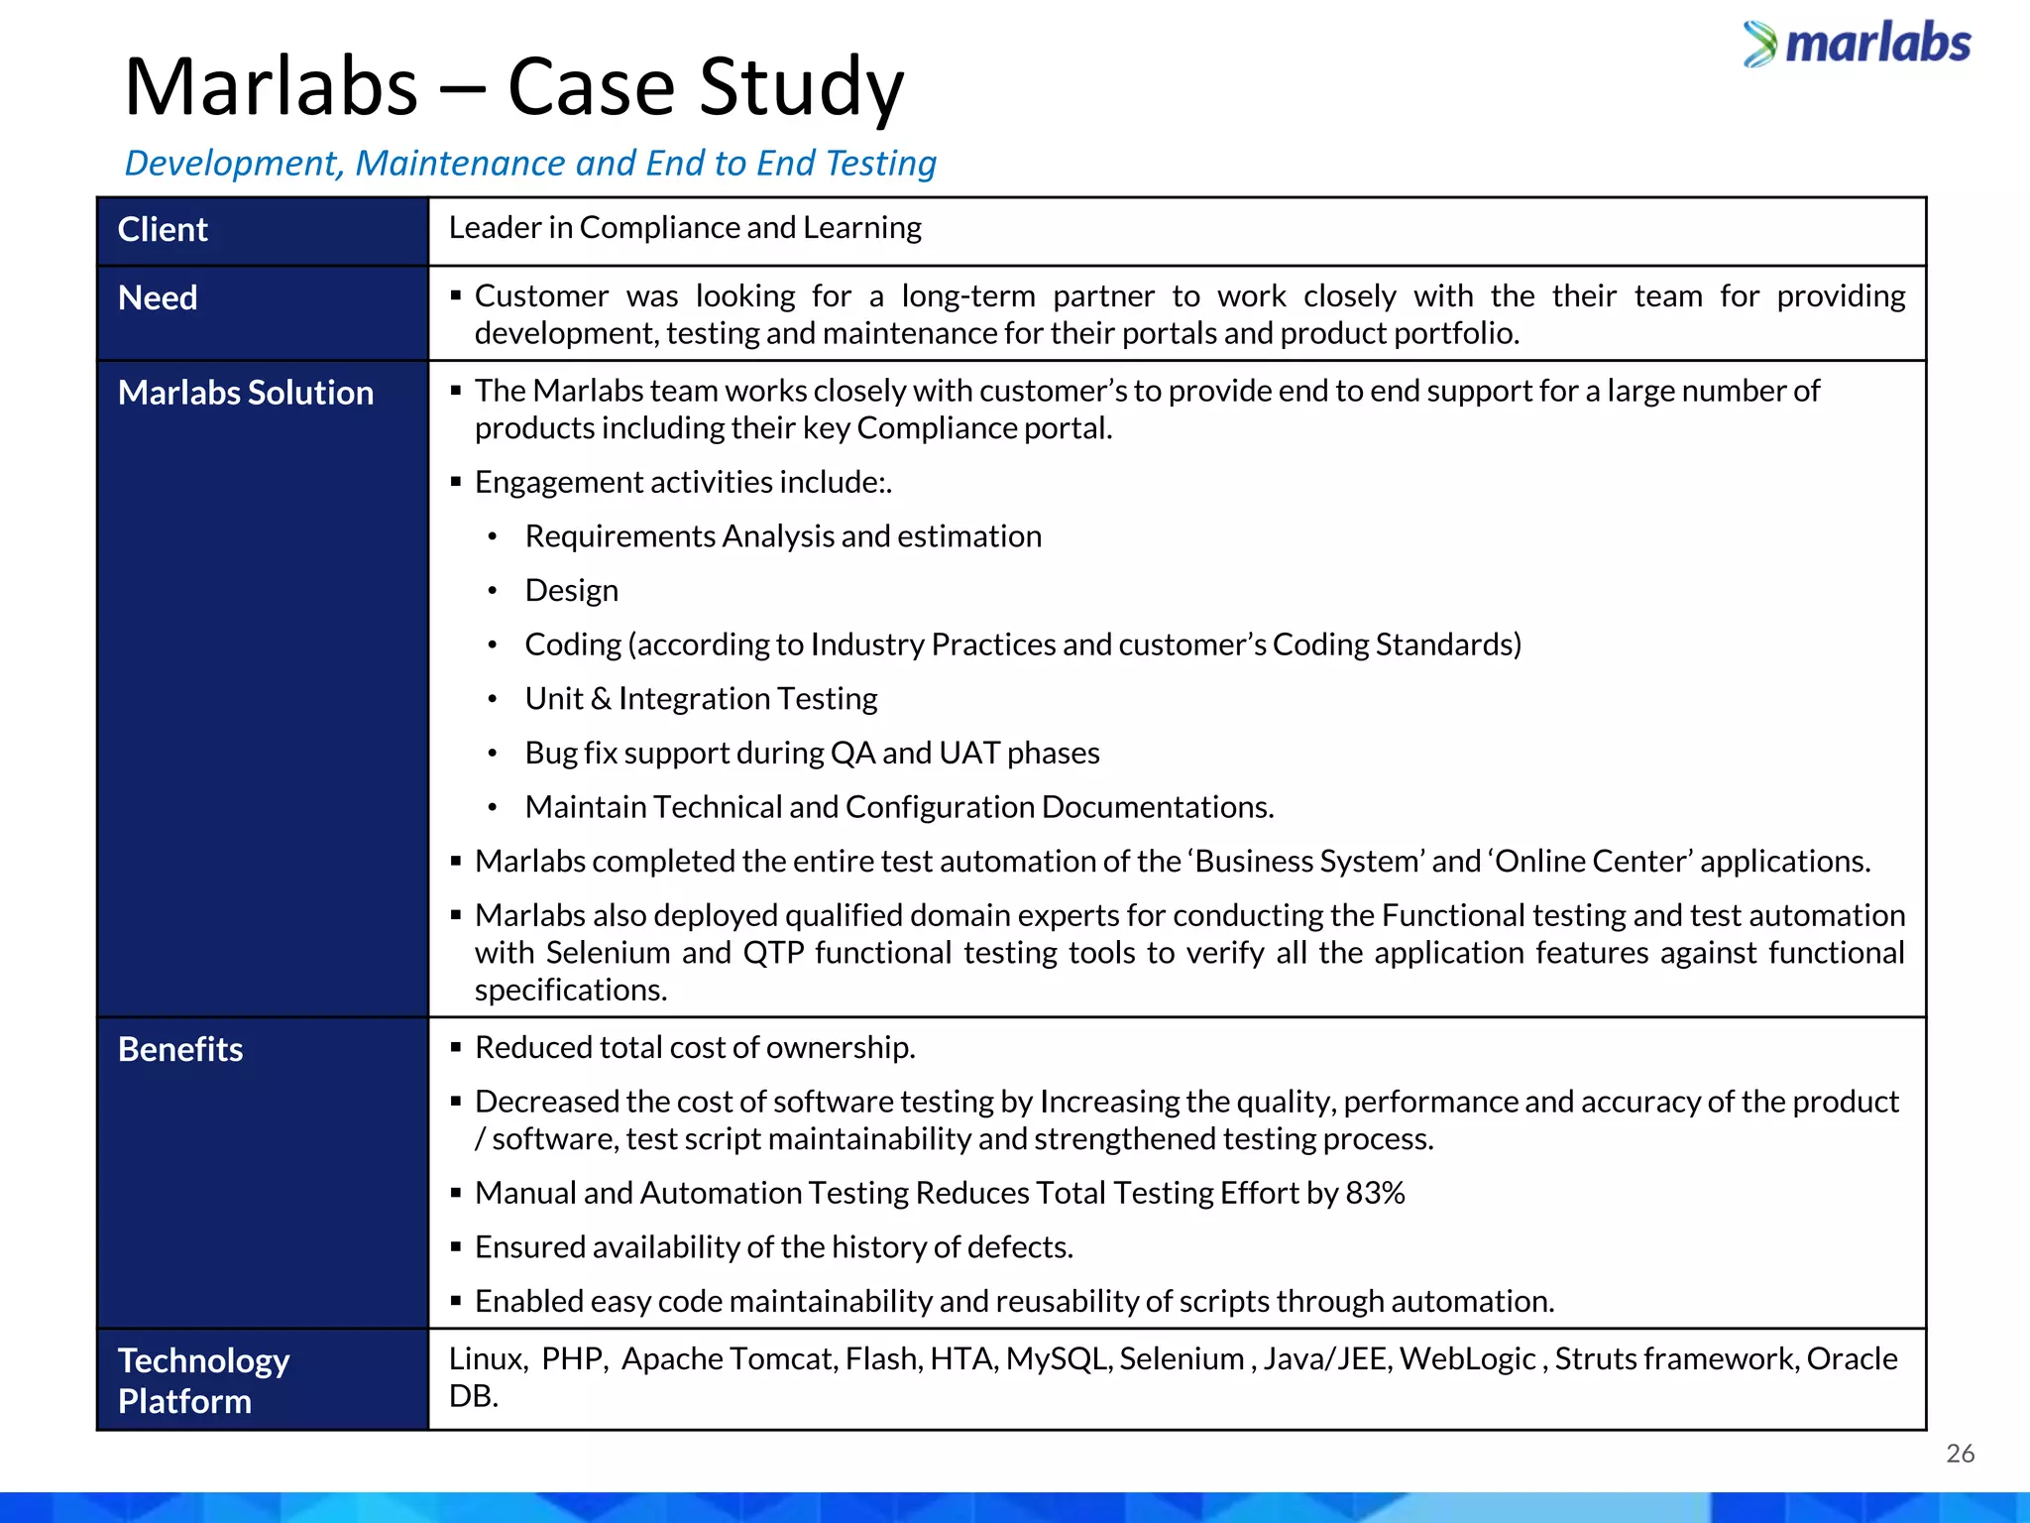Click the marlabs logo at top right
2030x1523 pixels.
1857,44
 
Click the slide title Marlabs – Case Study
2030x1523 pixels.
513,87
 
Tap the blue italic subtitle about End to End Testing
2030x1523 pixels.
530,163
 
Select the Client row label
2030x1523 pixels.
163,230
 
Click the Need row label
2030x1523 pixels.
158,297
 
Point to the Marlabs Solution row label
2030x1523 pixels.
246,393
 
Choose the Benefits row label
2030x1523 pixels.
180,1049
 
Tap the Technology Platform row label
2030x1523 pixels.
203,1380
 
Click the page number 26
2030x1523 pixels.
1960,1454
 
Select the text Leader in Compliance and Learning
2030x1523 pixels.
685,228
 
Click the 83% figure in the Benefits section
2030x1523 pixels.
1375,1193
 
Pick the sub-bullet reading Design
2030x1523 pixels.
571,591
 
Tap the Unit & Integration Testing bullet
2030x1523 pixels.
701,699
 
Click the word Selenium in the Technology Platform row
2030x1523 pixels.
1182,1358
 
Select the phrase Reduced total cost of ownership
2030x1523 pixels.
695,1048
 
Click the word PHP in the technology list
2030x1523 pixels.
573,1358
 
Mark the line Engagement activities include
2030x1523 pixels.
683,483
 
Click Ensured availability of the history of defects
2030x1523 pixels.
773,1247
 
